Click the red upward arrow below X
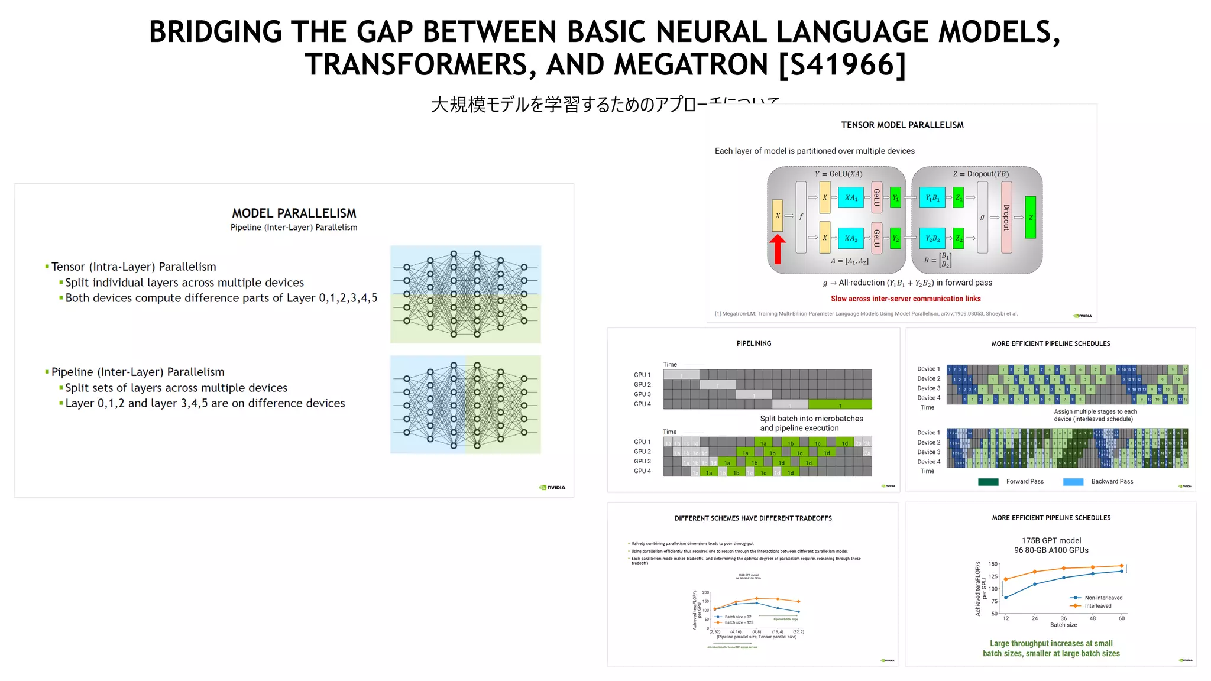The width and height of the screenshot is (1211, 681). coord(778,249)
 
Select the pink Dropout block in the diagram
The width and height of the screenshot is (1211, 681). coord(1006,217)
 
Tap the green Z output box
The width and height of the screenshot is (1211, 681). coord(1031,217)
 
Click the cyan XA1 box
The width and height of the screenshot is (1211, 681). coord(851,197)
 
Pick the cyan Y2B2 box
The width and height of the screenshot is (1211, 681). coord(932,238)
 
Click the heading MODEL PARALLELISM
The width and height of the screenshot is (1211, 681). coord(294,213)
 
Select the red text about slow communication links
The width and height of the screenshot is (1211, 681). coord(905,299)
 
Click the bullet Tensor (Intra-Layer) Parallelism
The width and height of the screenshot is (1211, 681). coord(134,267)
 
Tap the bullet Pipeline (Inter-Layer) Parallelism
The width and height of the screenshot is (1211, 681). coord(138,372)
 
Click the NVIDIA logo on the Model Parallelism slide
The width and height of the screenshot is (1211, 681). coord(552,487)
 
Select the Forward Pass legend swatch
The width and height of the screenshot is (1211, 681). coord(988,482)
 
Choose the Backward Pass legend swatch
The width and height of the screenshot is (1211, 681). coord(1073,482)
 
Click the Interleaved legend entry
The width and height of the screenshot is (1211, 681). coord(1097,605)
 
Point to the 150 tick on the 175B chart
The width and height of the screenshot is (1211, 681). coord(993,564)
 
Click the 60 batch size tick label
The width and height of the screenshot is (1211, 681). coord(1121,618)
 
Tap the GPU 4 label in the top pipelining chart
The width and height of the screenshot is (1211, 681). coord(642,404)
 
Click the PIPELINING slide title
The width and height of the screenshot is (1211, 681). coord(753,343)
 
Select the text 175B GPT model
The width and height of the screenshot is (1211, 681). coord(1051,540)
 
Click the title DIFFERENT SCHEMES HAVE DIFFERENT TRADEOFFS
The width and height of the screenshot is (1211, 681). coord(753,518)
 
